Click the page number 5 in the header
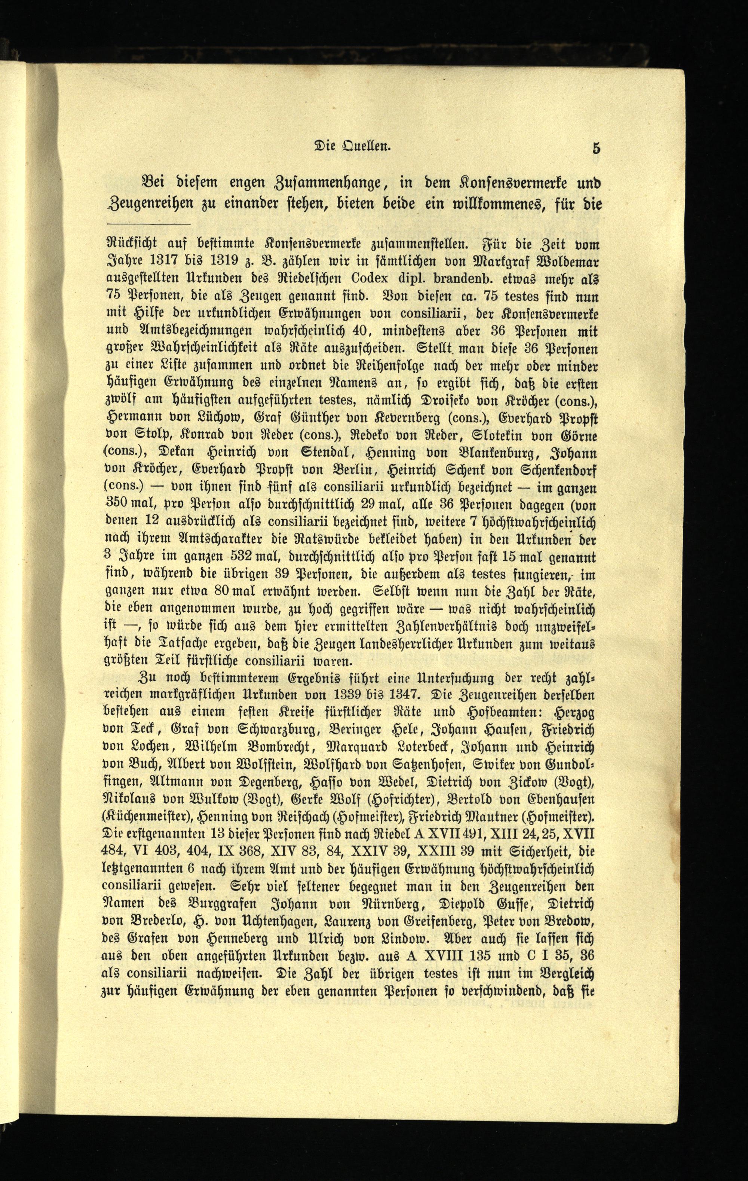[596, 148]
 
